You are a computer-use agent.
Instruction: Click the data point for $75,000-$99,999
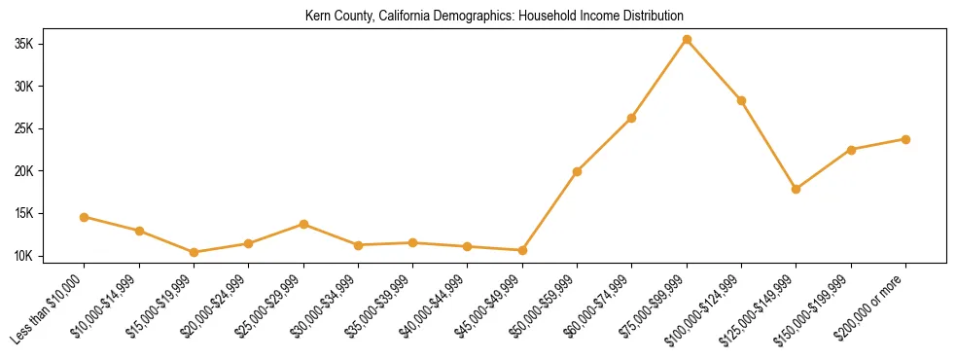[687, 40]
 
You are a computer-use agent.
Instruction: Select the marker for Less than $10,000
[85, 217]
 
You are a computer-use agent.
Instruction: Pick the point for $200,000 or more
[905, 139]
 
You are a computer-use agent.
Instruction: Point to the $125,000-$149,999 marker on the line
[797, 189]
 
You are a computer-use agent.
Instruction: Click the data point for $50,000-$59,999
[577, 171]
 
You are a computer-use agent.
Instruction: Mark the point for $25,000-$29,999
[303, 224]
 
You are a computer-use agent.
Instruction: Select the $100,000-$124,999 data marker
[741, 100]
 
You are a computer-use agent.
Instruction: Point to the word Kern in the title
[318, 17]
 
